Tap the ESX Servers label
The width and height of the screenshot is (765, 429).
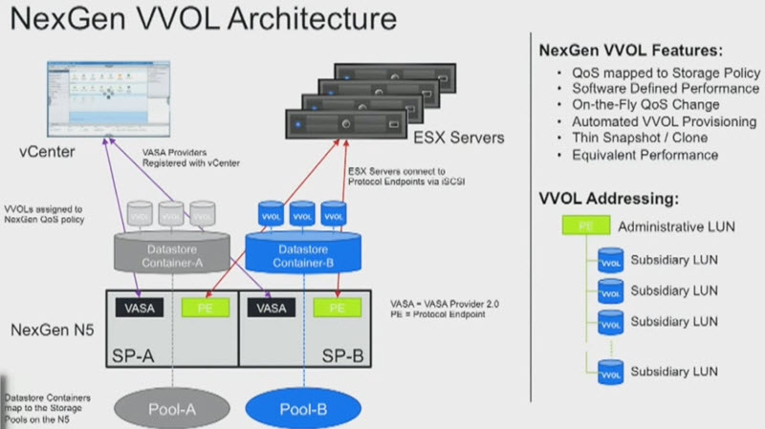coord(445,138)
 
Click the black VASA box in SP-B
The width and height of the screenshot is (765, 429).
coord(272,307)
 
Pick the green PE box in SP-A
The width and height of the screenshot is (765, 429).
coord(204,307)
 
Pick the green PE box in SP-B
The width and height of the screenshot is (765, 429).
coord(336,307)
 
